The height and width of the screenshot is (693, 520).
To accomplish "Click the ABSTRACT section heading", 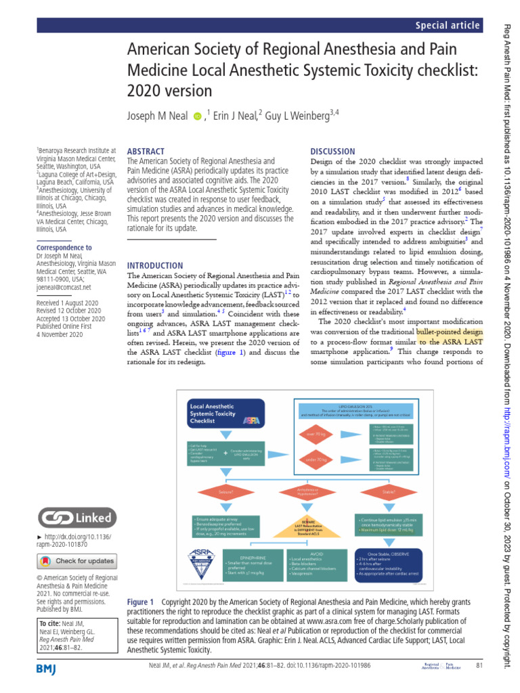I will coord(146,152).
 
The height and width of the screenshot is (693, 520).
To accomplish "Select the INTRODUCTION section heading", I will coord(155,247).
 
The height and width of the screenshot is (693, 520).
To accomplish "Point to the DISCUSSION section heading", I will coord(332,152).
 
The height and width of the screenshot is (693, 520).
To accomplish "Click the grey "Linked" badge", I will coord(76,518).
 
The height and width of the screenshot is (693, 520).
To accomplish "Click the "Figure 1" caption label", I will coord(141,602).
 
